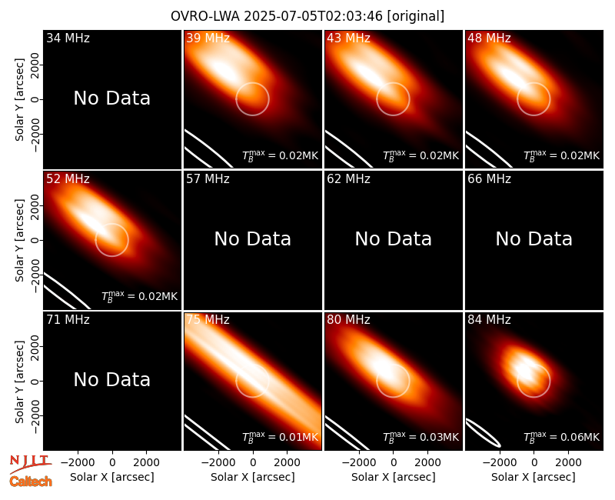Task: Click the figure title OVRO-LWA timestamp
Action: coord(307,16)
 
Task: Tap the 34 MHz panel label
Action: coord(68,38)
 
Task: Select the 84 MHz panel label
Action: coord(489,320)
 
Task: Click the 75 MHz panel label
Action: coord(208,320)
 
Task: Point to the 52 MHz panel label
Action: coord(68,179)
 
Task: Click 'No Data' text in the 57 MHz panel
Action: coord(253,238)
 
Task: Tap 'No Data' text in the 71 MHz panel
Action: coord(112,379)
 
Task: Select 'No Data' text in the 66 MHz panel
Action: coord(534,238)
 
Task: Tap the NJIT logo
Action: coord(31,463)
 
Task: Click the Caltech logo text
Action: coord(31,482)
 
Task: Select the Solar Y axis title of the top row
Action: coord(19,100)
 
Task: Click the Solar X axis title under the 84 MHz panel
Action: coord(534,477)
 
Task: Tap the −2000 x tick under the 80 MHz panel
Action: coord(358,462)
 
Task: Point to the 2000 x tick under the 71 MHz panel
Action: coord(146,462)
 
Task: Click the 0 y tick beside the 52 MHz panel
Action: coord(35,240)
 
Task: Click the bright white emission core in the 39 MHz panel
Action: coord(222,70)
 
